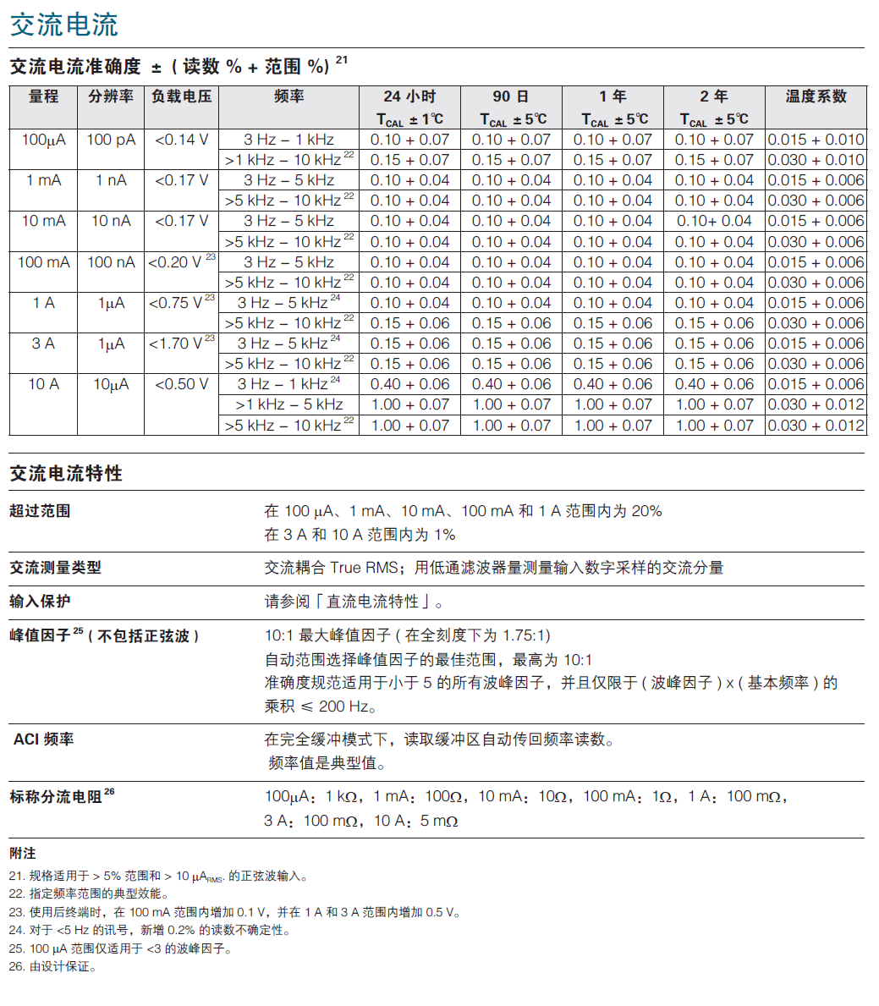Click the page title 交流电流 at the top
(64, 25)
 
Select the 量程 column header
(43, 96)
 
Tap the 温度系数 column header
(816, 96)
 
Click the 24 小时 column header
(409, 96)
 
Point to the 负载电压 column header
(181, 96)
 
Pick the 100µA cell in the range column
(43, 140)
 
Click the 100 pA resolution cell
(111, 140)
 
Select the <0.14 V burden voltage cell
(181, 140)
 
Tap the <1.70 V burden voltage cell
(181, 344)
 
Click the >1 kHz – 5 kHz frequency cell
(289, 404)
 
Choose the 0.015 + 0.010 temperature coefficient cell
(816, 140)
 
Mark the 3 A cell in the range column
(43, 344)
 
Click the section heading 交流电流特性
(66, 474)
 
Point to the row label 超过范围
(40, 511)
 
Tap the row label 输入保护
(40, 602)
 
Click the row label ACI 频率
(44, 739)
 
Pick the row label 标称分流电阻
(57, 797)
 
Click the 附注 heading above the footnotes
(23, 853)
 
